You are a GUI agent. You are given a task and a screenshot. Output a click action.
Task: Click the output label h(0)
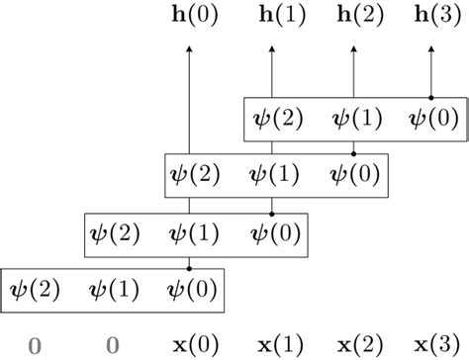pos(188,17)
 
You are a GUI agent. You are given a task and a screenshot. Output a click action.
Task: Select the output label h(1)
pos(271,17)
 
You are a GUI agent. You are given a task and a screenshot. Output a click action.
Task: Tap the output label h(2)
pos(353,17)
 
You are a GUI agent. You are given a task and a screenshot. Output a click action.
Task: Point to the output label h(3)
pos(434,17)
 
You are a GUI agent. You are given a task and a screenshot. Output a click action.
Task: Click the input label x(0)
pos(188,345)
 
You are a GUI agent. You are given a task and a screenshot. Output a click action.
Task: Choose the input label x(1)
pos(271,345)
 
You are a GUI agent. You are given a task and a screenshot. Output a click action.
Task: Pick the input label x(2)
pos(353,345)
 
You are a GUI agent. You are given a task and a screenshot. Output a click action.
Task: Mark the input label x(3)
pos(434,345)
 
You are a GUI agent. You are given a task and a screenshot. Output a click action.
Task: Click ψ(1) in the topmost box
pos(353,120)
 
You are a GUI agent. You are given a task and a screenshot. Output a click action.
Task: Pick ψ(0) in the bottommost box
pos(188,290)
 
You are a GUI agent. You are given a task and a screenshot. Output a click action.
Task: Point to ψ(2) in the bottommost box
pos(30,290)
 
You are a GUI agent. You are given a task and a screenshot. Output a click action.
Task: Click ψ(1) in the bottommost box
pos(111,290)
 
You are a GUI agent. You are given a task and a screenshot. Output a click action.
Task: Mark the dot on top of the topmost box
pos(434,97)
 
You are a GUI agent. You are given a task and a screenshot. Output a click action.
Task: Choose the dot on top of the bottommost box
pos(188,267)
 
